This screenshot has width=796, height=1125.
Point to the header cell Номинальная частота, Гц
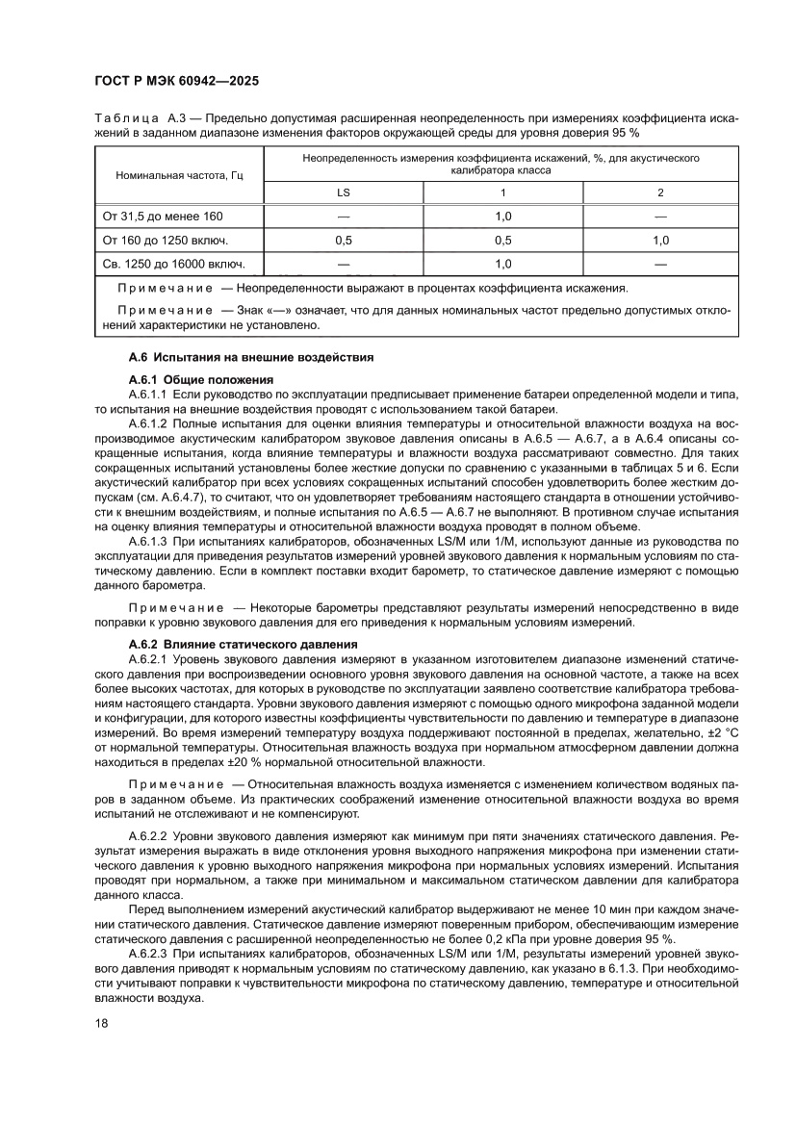179,176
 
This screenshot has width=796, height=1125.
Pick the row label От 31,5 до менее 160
162,217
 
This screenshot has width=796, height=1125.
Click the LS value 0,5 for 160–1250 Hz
343,240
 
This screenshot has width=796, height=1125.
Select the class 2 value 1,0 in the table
660,240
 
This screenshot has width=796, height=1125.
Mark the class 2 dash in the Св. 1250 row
660,263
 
